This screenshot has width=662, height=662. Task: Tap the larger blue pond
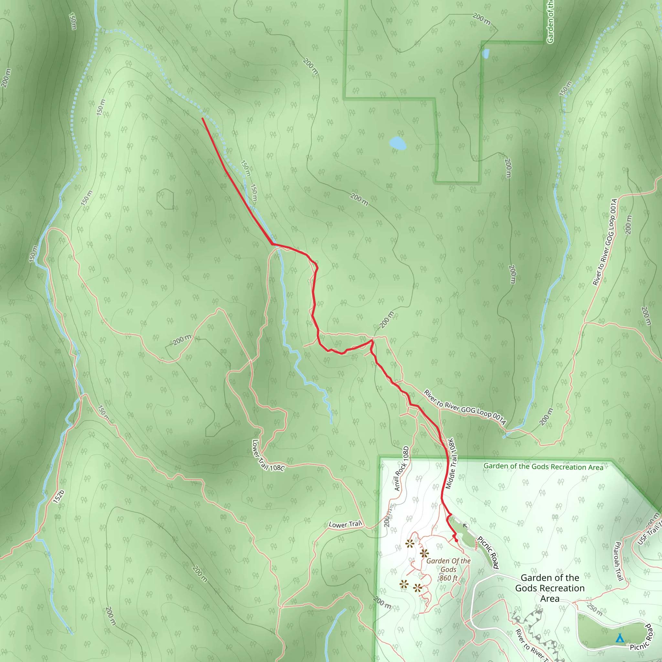pos(398,143)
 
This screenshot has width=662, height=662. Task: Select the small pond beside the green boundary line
pos(486,53)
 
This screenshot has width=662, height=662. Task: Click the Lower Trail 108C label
pos(268,456)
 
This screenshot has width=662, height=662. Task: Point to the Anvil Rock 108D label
pos(401,468)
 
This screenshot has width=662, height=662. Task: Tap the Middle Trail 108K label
pos(451,463)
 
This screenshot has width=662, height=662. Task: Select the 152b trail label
pos(59,496)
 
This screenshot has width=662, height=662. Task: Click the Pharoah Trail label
pos(618,561)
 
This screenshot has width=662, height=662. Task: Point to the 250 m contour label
pos(594,609)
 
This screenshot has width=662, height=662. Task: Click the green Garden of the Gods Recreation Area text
pos(543,467)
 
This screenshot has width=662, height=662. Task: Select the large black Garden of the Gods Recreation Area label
pos(550,588)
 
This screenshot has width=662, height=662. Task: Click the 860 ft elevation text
pos(449,578)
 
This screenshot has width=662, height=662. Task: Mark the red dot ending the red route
pos(456,541)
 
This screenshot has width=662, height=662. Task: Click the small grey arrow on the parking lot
pos(465,525)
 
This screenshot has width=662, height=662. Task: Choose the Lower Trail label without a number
pos(346,524)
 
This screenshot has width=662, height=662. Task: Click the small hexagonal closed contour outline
pos(165,199)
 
